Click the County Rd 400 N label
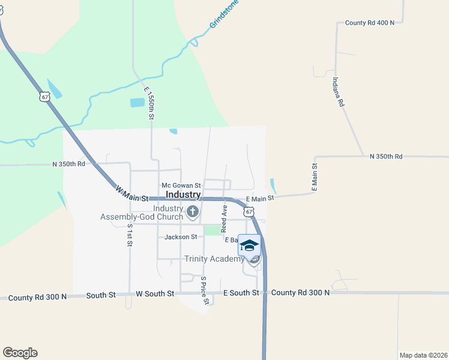pos(370,23)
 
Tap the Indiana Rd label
pos(338,92)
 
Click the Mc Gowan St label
pos(181,186)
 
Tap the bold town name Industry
pos(182,195)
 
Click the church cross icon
pos(193,211)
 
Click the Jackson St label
pos(181,237)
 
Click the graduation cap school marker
pos(249,245)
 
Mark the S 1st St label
pos(129,235)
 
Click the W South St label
pos(155,293)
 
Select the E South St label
pos(241,293)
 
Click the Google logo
pos(20,353)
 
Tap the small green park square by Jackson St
pos(211,231)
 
